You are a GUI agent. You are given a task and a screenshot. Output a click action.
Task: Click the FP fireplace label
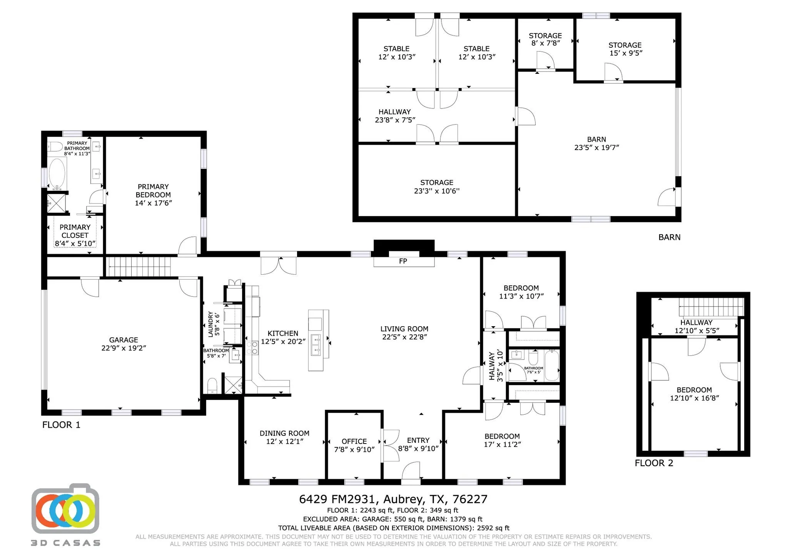click(x=403, y=261)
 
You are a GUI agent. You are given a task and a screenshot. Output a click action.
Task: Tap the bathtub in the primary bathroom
click(x=57, y=173)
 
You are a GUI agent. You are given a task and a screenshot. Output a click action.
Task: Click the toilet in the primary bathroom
click(x=55, y=147)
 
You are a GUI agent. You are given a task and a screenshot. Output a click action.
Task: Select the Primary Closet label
click(x=75, y=231)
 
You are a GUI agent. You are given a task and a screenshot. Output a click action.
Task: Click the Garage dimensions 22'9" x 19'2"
click(x=124, y=348)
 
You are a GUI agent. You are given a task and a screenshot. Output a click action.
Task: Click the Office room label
click(x=354, y=441)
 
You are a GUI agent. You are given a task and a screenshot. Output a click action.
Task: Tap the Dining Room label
click(x=284, y=433)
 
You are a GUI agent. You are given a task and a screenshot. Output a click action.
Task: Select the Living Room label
click(x=404, y=329)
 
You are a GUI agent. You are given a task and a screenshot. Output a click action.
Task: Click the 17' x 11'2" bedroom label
click(x=502, y=440)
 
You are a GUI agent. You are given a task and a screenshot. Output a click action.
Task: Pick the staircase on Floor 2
click(x=711, y=308)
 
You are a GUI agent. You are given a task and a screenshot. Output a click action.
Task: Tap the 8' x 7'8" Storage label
click(x=545, y=39)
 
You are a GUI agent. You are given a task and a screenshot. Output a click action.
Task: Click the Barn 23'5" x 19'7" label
click(x=596, y=143)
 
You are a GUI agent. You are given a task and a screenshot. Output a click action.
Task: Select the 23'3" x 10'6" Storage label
click(x=437, y=187)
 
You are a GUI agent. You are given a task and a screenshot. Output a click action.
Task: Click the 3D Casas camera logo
click(x=65, y=510)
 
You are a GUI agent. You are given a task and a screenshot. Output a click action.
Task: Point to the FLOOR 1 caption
click(x=61, y=425)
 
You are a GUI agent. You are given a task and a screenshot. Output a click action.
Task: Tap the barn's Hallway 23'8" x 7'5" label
click(x=395, y=116)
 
